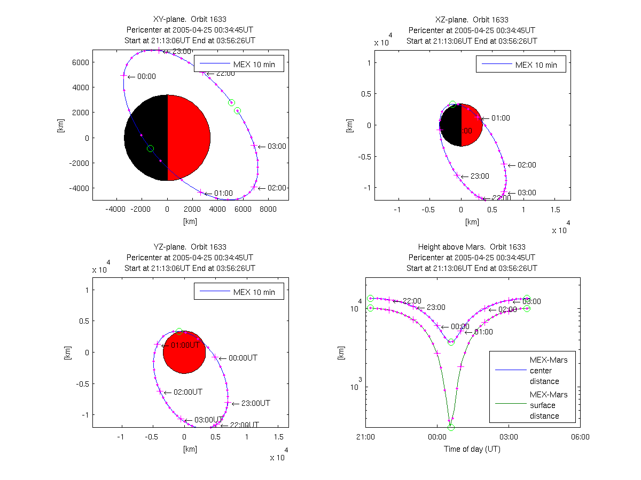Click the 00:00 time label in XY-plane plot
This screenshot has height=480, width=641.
146,76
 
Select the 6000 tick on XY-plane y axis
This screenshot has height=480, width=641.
80,62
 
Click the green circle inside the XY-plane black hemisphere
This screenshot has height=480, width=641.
150,148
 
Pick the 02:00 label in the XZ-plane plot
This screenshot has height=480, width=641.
527,165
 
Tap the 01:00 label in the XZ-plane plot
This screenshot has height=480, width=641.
501,118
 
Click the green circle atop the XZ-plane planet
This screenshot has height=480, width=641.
452,105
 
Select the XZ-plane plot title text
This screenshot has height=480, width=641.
472,20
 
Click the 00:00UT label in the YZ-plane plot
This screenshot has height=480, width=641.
243,358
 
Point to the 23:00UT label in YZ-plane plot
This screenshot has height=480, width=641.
256,403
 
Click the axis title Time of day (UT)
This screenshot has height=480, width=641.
472,449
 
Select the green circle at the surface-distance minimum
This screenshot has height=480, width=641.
451,427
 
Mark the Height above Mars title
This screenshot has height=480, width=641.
472,247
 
